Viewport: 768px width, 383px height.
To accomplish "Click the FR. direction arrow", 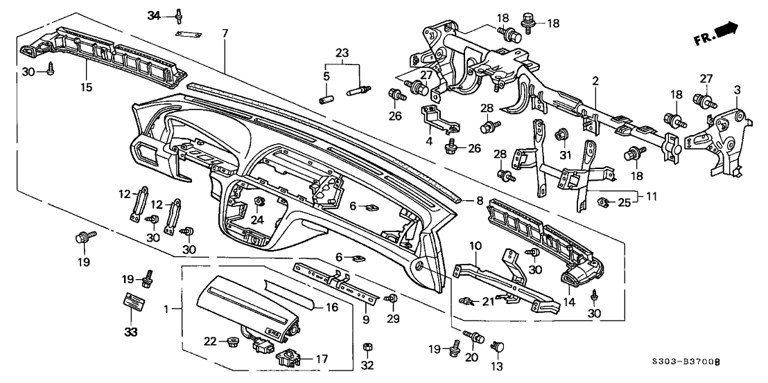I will (724, 32).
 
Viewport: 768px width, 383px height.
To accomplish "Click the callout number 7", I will (225, 33).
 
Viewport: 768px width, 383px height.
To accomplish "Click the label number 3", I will (738, 90).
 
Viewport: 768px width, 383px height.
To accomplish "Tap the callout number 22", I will (210, 341).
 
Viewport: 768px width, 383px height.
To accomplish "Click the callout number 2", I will (595, 82).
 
